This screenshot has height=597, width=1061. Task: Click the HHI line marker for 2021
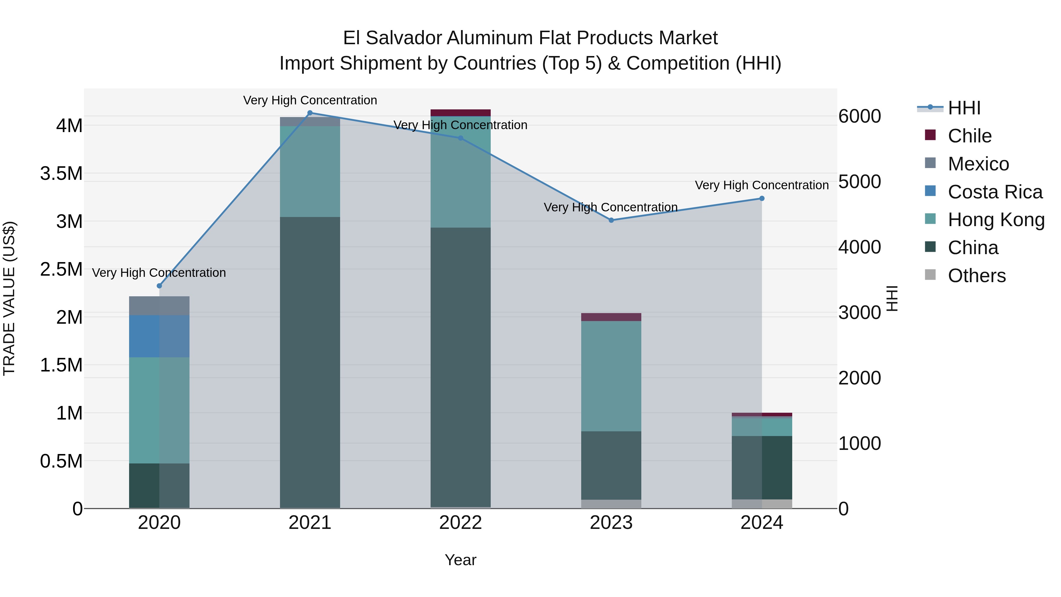click(310, 113)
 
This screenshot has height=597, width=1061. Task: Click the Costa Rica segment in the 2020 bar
click(159, 336)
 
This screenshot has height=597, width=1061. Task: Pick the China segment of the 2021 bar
click(310, 363)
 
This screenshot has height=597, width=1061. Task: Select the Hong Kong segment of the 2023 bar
click(611, 376)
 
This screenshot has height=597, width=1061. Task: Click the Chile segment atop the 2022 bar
click(460, 113)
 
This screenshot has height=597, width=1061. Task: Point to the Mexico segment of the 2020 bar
click(159, 306)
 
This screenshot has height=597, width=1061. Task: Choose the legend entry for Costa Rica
click(995, 192)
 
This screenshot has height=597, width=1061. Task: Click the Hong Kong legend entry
click(996, 220)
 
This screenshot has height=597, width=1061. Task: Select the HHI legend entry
click(964, 108)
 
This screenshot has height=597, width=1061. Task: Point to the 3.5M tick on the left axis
click(61, 173)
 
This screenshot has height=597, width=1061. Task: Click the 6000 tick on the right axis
click(860, 116)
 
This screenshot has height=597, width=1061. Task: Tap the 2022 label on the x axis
click(460, 523)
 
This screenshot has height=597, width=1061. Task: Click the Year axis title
click(460, 560)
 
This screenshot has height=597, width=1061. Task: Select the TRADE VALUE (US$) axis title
click(9, 298)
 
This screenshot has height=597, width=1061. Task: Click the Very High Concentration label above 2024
click(762, 185)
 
